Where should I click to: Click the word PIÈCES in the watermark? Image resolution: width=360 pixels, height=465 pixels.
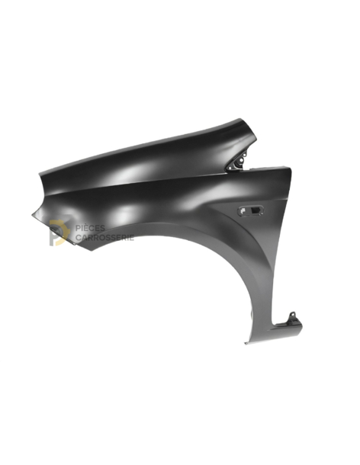(91, 228)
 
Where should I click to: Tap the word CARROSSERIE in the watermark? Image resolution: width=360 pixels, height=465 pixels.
(104, 238)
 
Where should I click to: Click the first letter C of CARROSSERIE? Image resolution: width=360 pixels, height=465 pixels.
(78, 238)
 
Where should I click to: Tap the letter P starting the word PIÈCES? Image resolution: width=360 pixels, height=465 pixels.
(78, 228)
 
